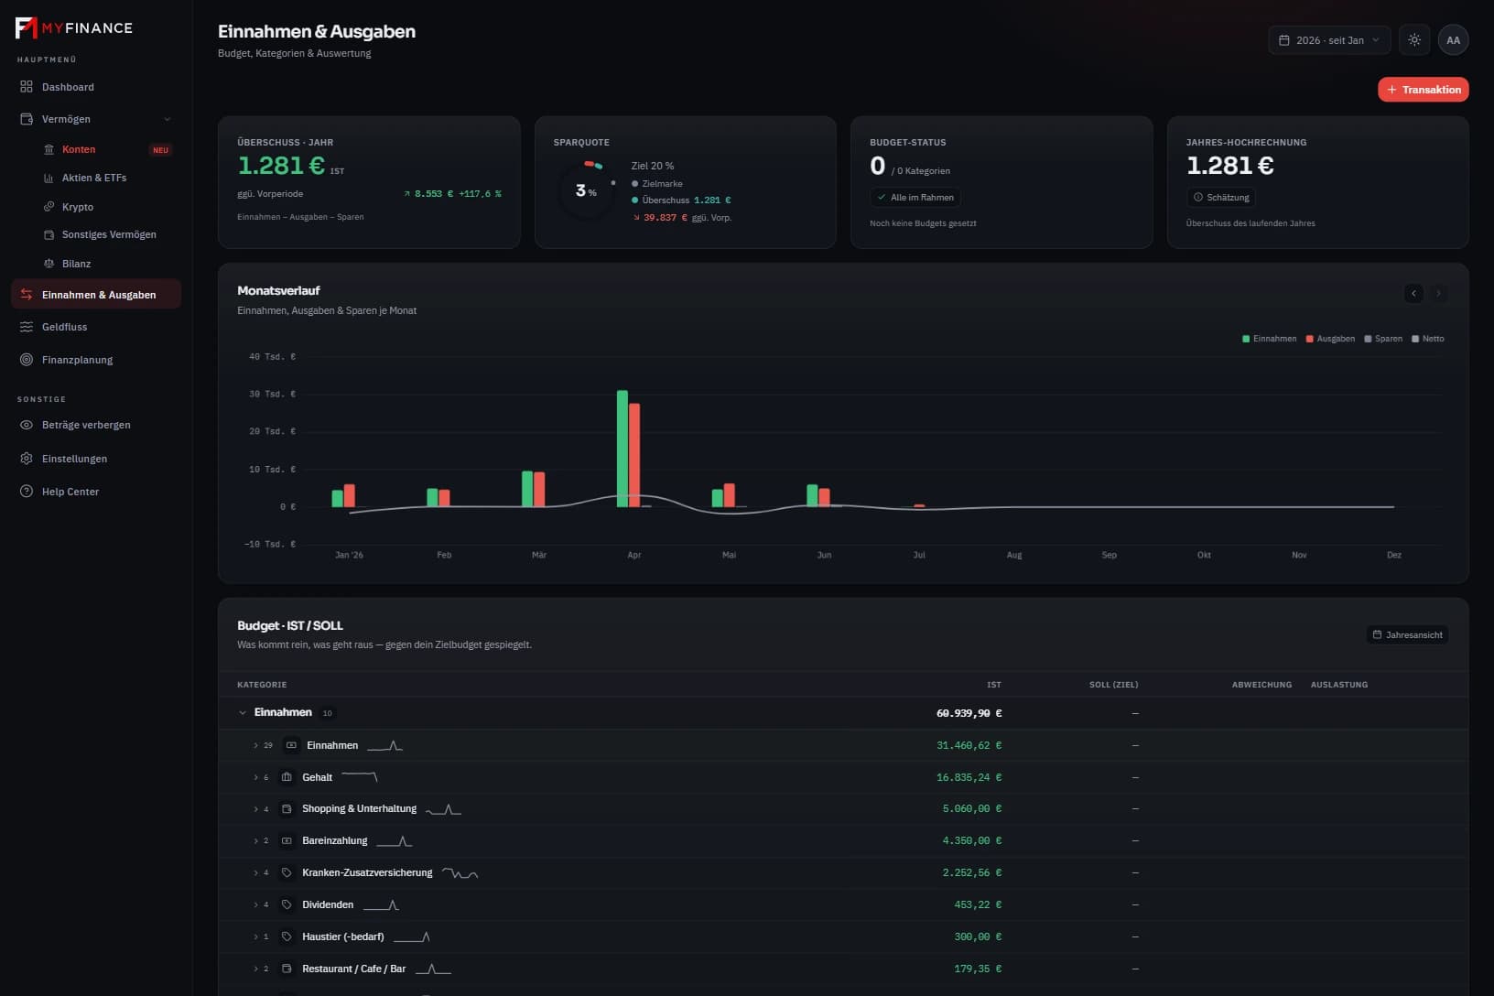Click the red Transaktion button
[1423, 90]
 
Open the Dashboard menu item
[68, 87]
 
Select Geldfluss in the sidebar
[64, 327]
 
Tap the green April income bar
[622, 449]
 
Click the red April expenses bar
[634, 455]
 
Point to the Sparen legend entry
[1383, 339]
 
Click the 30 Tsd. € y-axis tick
[272, 395]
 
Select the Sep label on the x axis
[1109, 555]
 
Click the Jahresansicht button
[1407, 635]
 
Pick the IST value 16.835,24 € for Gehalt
[969, 777]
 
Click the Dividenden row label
[328, 904]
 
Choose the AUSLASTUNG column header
[1338, 685]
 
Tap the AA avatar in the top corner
[1453, 40]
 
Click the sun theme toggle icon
[1414, 40]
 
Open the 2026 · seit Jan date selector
[1328, 40]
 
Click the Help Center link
[70, 492]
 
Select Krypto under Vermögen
[78, 207]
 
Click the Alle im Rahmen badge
[915, 198]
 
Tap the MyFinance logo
[73, 27]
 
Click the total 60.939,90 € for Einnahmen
[969, 713]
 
